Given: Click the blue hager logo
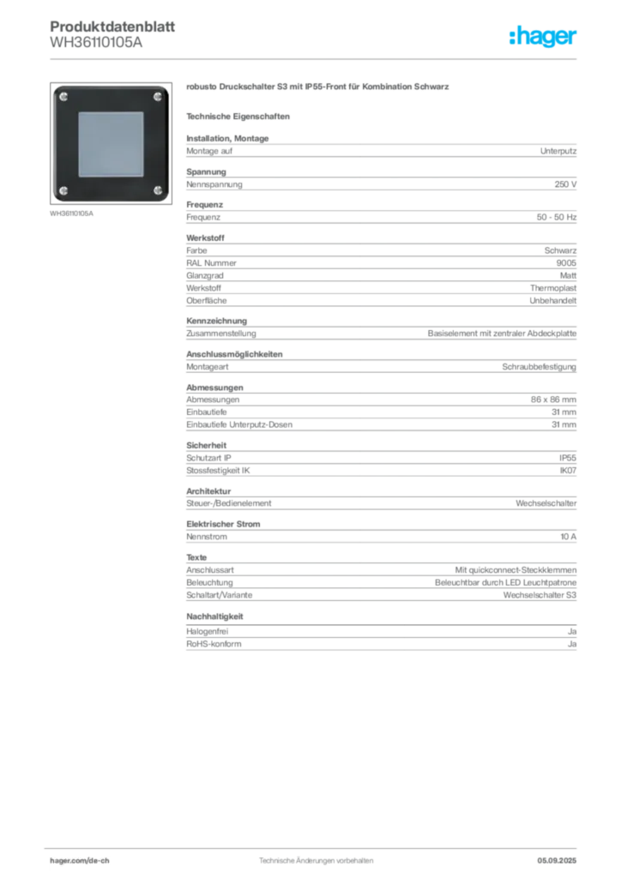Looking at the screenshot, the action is coord(544,38).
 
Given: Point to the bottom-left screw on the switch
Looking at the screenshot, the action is coord(64,189).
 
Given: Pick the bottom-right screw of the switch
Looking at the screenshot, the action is coord(157,189).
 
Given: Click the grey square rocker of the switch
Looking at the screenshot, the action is coord(111,143).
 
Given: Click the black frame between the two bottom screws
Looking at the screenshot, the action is coord(111,190).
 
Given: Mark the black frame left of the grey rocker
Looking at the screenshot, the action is coord(65,143).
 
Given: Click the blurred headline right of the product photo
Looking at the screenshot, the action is coord(318,88).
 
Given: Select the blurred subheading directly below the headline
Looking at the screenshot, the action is coord(240,116).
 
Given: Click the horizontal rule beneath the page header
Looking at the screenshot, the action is coord(316,58).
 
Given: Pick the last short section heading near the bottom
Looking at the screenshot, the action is coord(215,616).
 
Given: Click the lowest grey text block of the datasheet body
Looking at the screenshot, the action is coord(380,640).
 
